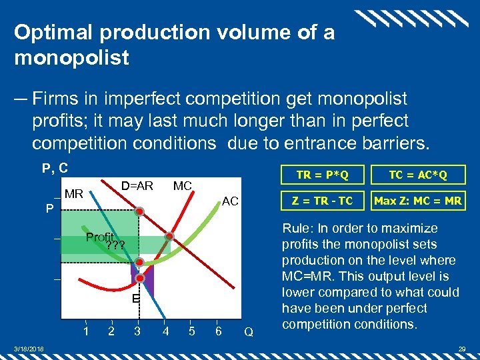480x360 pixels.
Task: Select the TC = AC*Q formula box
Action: click(418, 175)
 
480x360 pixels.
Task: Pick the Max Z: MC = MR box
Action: click(418, 200)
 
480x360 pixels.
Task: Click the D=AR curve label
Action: click(137, 185)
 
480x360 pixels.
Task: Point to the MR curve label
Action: click(74, 195)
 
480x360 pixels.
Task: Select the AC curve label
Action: click(230, 201)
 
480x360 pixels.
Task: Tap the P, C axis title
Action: click(55, 169)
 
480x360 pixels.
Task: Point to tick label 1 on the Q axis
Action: click(86, 331)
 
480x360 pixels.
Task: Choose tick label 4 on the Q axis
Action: click(165, 331)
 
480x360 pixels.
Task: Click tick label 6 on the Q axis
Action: click(218, 331)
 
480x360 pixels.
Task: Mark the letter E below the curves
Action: click(135, 299)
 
